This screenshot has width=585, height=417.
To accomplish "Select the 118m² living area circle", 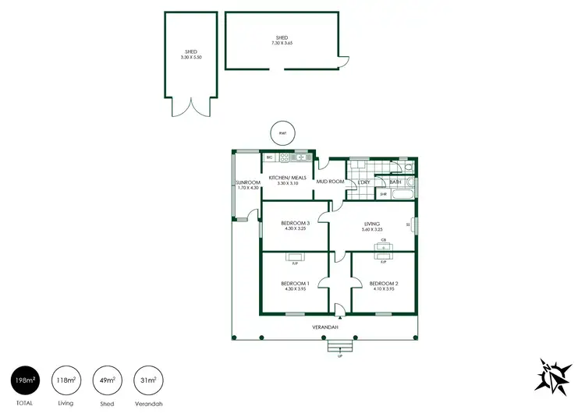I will point(66,380).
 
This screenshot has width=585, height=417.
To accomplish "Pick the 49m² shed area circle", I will point(108,380).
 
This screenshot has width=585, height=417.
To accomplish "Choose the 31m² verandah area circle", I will point(148,380).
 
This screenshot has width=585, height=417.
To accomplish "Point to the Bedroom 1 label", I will point(295,283).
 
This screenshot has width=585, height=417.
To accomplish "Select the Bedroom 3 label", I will point(295,224).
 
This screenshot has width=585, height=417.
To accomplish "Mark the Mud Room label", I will point(330,182).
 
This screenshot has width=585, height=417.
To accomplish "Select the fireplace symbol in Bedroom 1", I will point(295,256).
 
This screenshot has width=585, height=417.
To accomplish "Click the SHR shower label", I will point(383,194).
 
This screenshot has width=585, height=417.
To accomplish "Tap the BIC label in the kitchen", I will point(270,157).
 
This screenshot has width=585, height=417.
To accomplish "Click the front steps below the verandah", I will point(340,348).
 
